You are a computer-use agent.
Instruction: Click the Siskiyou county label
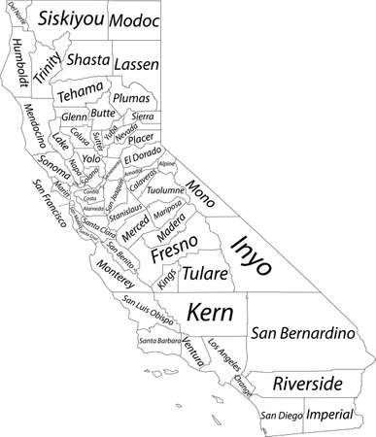click(69, 18)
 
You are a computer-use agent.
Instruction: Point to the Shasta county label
click(88, 58)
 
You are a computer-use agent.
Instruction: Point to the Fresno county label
click(175, 254)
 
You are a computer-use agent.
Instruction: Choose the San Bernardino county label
click(302, 334)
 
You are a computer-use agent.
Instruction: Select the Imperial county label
click(329, 415)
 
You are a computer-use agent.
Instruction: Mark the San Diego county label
click(280, 416)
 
